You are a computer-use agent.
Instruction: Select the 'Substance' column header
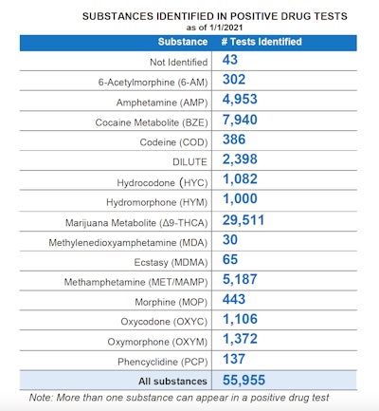click(182, 43)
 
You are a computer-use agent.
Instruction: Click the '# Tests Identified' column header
click(262, 43)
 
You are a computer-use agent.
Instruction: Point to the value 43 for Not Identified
click(230, 60)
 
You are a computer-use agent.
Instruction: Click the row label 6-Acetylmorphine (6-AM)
click(151, 83)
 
